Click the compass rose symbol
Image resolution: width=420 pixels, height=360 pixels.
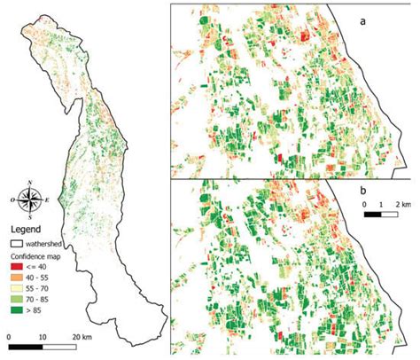pos(31,200)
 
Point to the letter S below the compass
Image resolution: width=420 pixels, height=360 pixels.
pos(31,216)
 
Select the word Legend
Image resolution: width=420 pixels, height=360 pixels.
pos(25,228)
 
